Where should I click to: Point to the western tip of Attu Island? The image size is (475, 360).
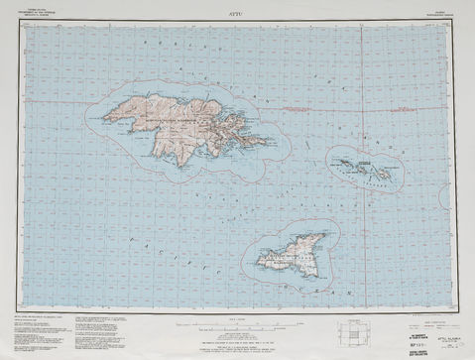(102, 120)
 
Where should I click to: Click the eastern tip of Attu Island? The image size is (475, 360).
(270, 142)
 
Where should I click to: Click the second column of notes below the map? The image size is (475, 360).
(129, 331)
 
